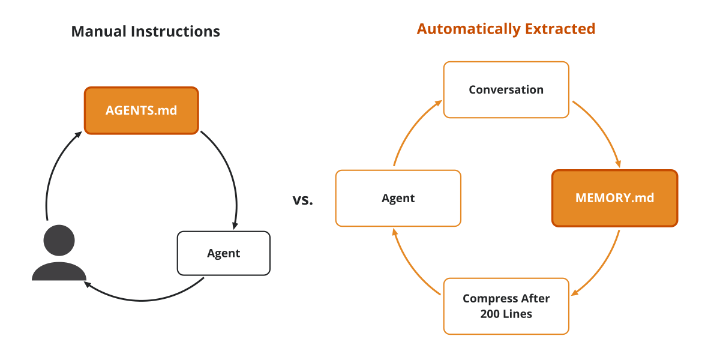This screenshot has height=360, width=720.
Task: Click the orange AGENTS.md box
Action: [142, 110]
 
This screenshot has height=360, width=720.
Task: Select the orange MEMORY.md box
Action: [614, 198]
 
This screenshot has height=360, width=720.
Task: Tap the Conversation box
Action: [506, 89]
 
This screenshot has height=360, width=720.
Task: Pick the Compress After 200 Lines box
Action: [506, 306]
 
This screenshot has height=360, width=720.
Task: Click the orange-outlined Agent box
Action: [398, 198]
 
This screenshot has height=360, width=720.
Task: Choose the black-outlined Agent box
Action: [224, 253]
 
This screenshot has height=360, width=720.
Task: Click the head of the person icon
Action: [59, 241]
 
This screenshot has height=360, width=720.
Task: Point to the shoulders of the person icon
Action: [59, 271]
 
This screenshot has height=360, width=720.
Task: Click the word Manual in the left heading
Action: [98, 31]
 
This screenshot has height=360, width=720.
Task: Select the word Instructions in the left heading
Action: [175, 31]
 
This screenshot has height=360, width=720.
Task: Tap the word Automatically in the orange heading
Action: [469, 29]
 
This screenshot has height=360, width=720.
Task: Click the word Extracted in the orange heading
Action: [560, 29]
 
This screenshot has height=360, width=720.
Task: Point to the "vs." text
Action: [303, 200]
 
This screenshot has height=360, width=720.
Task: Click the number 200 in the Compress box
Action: [490, 314]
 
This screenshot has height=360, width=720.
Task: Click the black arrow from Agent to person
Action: [142, 300]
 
